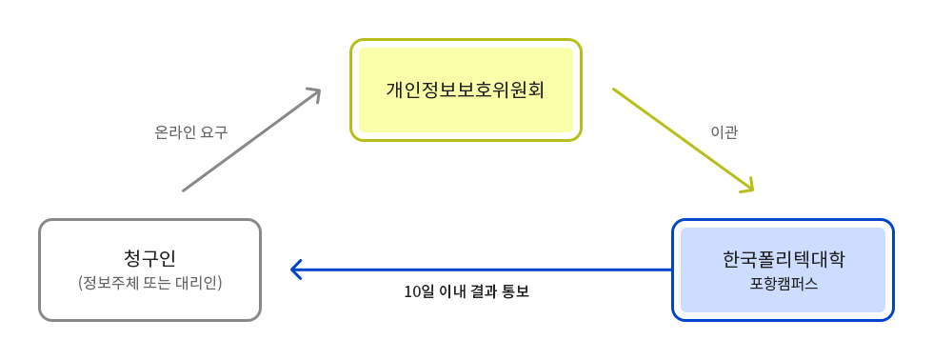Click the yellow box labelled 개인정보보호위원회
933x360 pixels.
point(466,90)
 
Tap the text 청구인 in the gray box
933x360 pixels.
point(149,258)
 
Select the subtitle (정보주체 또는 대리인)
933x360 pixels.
point(149,283)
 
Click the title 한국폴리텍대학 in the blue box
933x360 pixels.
point(783,259)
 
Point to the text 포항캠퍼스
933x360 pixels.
point(783,284)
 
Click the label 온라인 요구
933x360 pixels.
point(190,132)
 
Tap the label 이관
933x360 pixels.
point(725,132)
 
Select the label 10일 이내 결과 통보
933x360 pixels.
point(466,291)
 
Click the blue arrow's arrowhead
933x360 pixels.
point(296,270)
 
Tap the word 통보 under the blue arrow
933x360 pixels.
point(514,291)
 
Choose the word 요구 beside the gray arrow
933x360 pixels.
point(214,132)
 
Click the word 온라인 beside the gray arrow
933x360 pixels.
point(175,132)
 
